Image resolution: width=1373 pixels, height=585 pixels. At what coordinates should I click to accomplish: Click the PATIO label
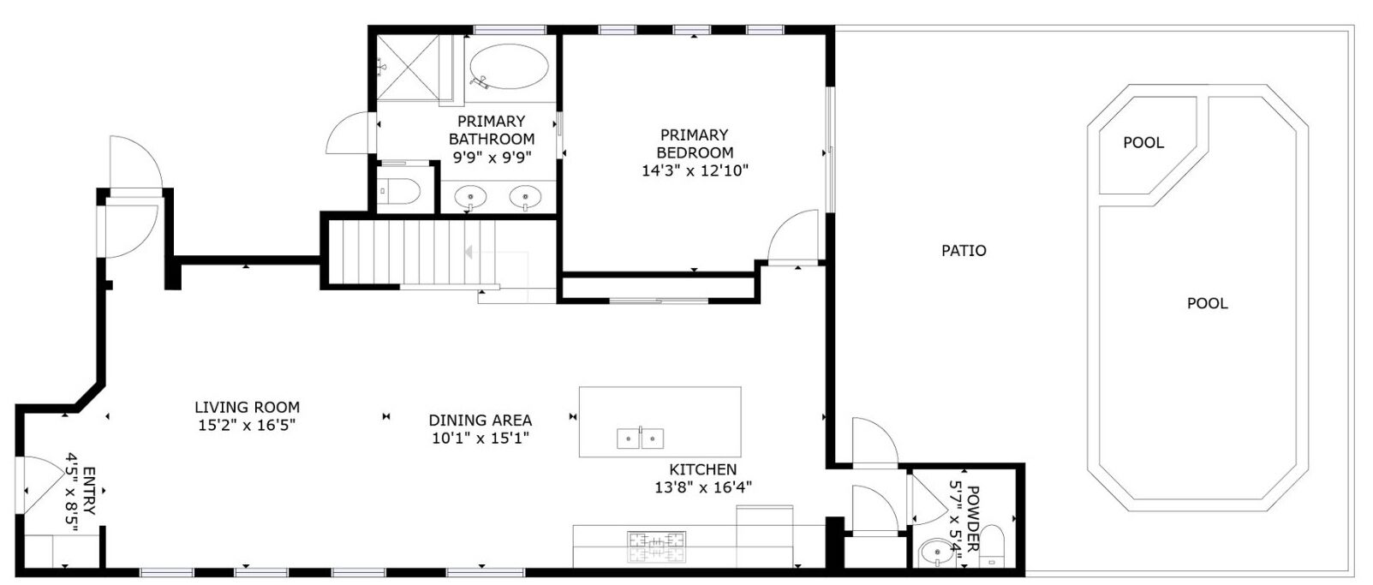click(x=964, y=251)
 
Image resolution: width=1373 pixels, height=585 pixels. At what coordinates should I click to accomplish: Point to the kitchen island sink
click(x=641, y=439)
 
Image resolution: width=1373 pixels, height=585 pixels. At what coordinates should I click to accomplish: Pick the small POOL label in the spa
click(x=1143, y=143)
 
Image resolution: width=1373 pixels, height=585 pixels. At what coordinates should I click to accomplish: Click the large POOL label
click(x=1207, y=303)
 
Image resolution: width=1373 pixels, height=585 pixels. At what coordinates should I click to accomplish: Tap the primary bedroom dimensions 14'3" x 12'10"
click(x=695, y=170)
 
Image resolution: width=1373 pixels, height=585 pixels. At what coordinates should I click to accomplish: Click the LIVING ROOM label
click(x=247, y=408)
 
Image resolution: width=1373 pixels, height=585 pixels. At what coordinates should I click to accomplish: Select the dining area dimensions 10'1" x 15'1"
click(x=480, y=439)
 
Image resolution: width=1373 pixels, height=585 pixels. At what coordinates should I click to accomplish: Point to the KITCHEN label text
click(x=702, y=469)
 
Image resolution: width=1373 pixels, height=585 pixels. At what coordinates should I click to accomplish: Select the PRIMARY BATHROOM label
click(x=491, y=130)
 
